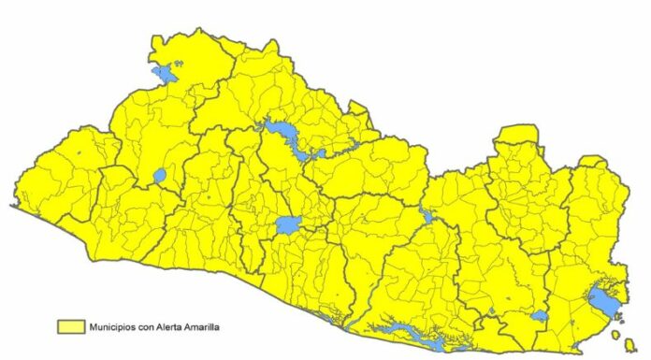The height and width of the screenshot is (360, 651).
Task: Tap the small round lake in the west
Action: coord(159,175)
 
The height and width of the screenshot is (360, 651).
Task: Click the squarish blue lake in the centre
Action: coord(287,225)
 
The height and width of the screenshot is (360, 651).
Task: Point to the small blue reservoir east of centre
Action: coord(427,217)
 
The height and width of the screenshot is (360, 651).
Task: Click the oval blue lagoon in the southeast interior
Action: coord(540,316)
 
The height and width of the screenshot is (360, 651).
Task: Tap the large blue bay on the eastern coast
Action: coord(601,301)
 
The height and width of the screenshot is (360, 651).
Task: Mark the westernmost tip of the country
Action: coord(13,205)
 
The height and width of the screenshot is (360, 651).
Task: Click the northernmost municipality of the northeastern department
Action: coord(514,134)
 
